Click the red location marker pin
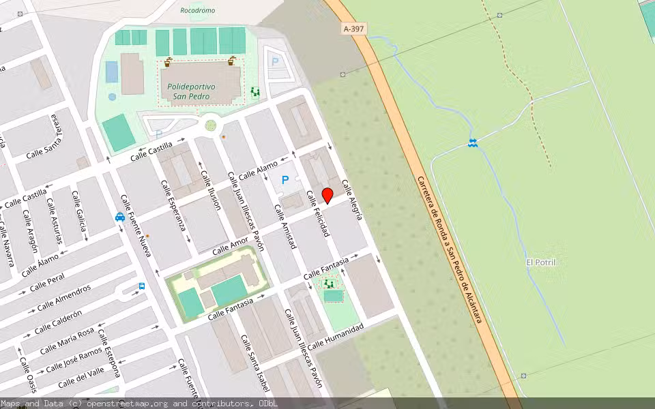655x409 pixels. coord(327,194)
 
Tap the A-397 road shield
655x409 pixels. coord(353,29)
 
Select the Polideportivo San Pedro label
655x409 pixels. coord(191,91)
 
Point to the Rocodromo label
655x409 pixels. coord(197,11)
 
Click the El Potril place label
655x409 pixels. coord(540,262)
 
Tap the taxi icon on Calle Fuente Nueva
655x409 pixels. coord(120,217)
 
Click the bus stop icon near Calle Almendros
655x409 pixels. coord(142,286)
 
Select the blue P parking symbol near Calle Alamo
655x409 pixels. coord(285,181)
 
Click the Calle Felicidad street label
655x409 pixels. coord(318,213)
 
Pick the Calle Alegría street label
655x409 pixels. coord(352,199)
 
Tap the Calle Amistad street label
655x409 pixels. coord(285,226)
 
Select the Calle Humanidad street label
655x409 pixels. coord(335,336)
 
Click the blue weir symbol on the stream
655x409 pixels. coord(472,142)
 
